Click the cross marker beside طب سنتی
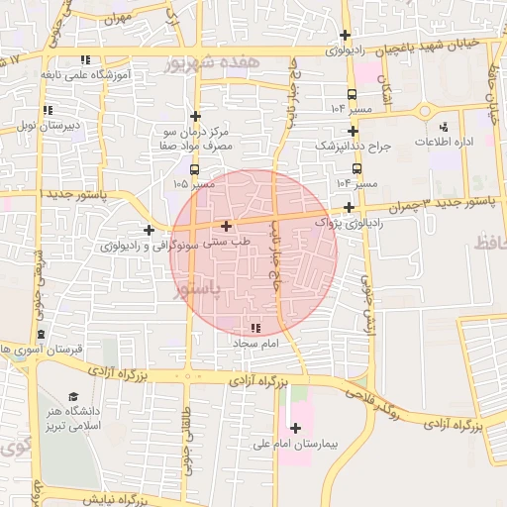pos(227,226)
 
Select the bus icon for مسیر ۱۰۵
pos(194,169)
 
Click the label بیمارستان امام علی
pos(304,445)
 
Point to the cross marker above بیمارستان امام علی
pos(295,428)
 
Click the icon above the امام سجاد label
pos(256,328)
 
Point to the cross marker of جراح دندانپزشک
pos(353,131)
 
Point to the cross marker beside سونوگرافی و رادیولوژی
pos(149,231)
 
